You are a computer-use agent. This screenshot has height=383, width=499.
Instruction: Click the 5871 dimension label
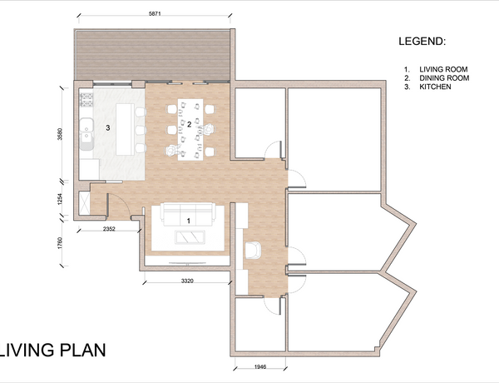155,13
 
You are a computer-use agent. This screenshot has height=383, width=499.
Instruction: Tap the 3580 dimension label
60,134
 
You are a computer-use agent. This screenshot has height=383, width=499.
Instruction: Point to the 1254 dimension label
60,199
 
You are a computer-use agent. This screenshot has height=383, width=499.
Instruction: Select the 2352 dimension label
109,228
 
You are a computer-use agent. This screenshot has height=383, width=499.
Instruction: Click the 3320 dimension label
187,281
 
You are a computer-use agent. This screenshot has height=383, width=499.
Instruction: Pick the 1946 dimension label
260,366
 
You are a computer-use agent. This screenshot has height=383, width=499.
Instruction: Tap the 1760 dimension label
60,243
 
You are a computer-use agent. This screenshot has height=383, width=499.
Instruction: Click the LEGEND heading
422,41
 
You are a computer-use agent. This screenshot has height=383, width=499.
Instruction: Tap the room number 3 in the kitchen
108,127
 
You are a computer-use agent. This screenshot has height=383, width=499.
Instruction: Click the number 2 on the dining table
189,125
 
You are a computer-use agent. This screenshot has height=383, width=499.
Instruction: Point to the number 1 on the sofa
189,221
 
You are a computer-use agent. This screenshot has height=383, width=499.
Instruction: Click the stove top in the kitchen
86,99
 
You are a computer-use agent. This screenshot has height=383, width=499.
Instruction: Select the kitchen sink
86,134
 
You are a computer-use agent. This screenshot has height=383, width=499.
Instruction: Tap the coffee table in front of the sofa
190,237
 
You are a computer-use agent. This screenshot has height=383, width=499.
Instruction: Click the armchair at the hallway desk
254,250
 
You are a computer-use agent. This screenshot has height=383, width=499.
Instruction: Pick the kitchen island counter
125,129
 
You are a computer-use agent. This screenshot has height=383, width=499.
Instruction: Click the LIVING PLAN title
53,350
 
